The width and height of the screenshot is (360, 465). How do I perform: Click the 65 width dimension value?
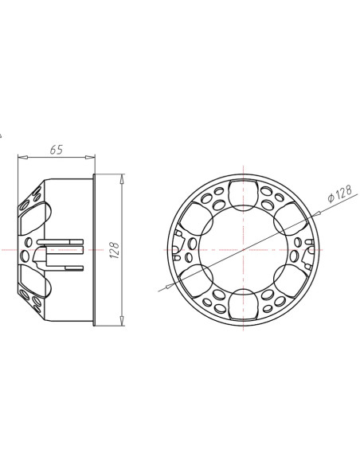coord(57,149)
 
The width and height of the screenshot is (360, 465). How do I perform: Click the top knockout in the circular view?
coord(241,193)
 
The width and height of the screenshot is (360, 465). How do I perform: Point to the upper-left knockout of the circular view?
coord(194,220)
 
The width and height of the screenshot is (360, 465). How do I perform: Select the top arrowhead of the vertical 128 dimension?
coord(123,175)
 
